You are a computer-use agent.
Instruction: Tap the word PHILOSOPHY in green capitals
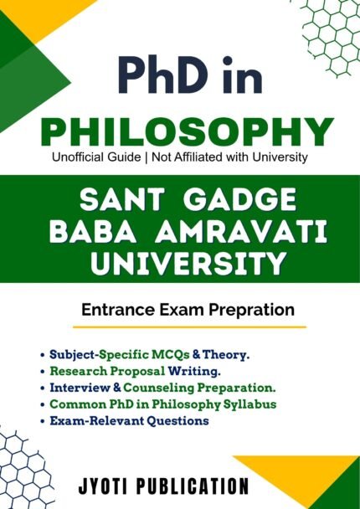181,132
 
